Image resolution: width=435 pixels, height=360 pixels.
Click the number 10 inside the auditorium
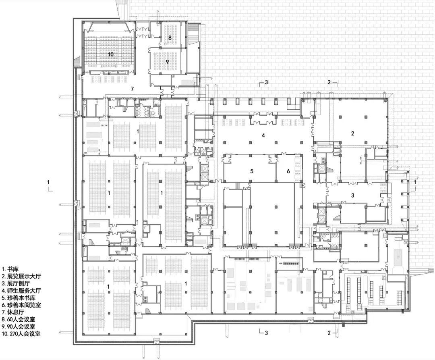[x=110, y=54]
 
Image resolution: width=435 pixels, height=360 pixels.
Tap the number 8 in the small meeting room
[x=170, y=37]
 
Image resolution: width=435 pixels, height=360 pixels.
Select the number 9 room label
[x=168, y=62]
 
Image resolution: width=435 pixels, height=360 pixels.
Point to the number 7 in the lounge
[x=131, y=88]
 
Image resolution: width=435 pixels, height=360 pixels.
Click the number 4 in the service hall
[x=263, y=135]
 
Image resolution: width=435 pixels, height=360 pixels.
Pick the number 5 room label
[x=252, y=171]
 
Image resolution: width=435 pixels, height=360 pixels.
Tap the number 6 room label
[x=288, y=171]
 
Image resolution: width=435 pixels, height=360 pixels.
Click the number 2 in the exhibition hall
[x=352, y=133]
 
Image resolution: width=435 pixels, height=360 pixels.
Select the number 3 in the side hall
[x=352, y=195]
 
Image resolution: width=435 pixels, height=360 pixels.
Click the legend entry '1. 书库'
[x=10, y=268]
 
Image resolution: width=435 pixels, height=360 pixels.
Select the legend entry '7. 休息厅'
[x=13, y=312]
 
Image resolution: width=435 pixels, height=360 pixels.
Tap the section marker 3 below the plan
[x=266, y=333]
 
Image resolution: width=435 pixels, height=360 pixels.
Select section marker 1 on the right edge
[x=415, y=182]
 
